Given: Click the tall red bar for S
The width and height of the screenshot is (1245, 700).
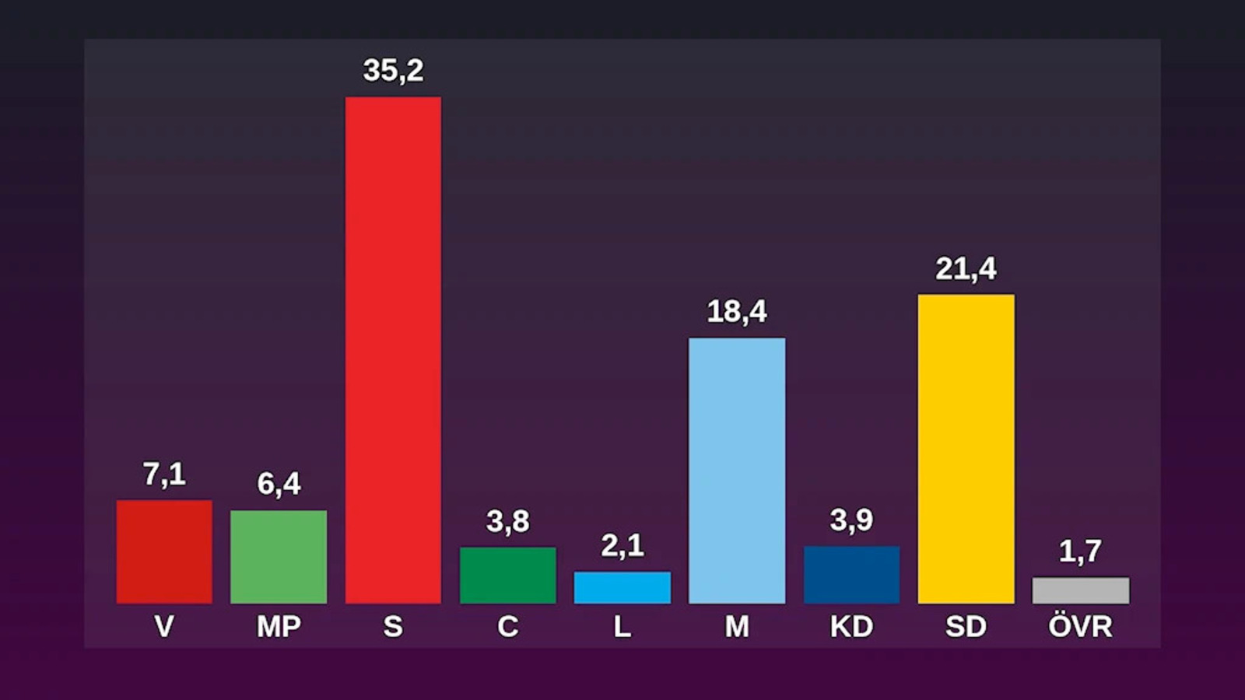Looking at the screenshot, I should pos(393,350).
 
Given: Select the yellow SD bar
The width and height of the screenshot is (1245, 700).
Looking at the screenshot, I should pos(966,449).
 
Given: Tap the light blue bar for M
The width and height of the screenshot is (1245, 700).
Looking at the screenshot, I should pos(737,471).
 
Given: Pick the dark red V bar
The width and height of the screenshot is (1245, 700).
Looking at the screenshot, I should pos(164,551).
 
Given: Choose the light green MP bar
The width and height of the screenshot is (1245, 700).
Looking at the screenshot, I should pos(279,557).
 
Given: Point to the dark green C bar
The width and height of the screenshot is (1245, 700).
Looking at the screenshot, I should pos(507,576).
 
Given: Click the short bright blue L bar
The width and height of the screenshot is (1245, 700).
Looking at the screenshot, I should pos(622,587).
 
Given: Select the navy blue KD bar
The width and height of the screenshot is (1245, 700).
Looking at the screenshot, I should pos(851,575).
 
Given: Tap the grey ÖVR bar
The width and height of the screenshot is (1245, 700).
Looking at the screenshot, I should pos(1080,590).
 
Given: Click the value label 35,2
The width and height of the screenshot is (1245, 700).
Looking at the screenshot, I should pos(393,71).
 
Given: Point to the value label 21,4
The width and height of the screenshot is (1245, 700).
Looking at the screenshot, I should pos(966,269).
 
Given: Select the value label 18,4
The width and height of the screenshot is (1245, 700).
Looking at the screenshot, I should pos(737,312).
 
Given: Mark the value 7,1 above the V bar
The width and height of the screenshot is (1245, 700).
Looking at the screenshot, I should pos(164,474).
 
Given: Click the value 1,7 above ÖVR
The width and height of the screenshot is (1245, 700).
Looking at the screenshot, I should pos(1080,551).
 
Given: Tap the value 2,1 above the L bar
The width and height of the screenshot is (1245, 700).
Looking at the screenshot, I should pos(622,546).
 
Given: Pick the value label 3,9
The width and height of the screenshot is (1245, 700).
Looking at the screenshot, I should pos(851,520).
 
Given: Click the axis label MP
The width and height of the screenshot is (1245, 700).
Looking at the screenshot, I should pos(279,626).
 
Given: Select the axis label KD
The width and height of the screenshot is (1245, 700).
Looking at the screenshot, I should pos(851,626).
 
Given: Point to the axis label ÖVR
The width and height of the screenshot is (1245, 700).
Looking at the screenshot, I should pos(1080,625).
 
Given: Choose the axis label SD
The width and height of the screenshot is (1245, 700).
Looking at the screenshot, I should pos(966,626).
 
